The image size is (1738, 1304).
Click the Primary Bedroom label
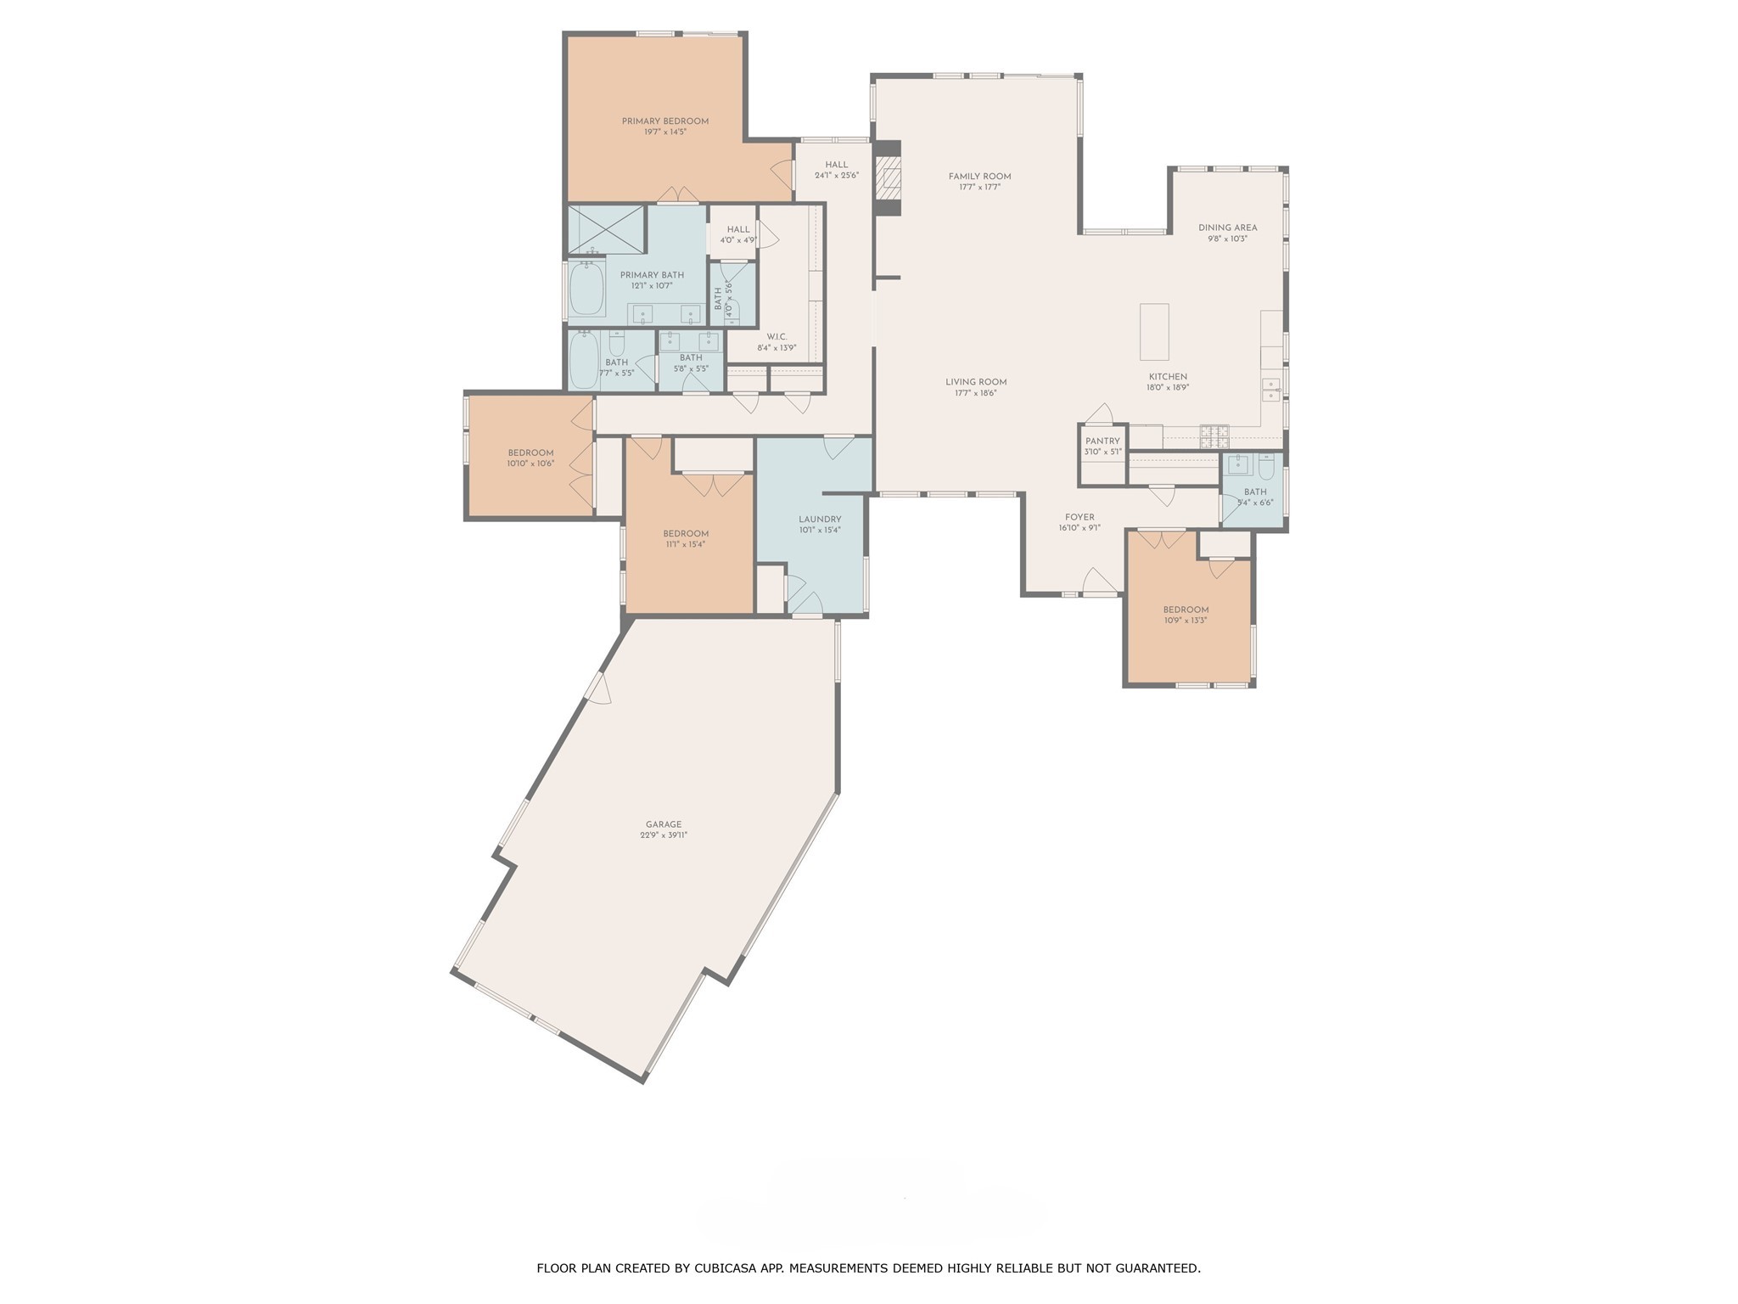[664, 121]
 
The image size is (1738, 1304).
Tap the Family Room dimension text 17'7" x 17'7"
[979, 187]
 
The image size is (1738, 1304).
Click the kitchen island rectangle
[1153, 332]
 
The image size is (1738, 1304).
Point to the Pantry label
[1102, 441]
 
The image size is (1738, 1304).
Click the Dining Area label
[1227, 228]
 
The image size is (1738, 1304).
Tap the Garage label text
[663, 824]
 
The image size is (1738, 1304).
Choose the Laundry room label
[819, 520]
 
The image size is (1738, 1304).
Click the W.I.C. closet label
[776, 337]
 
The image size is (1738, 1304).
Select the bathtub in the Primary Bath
[586, 288]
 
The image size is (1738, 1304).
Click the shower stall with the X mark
[606, 229]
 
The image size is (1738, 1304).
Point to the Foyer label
[1079, 517]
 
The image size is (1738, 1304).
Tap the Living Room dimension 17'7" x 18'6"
[976, 393]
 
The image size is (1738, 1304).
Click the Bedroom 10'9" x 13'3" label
[1186, 610]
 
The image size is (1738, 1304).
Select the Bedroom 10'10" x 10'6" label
[530, 453]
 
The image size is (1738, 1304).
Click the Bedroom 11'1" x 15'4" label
[686, 534]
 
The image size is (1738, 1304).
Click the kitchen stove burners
[1214, 436]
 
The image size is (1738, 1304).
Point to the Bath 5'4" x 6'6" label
[1255, 492]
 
